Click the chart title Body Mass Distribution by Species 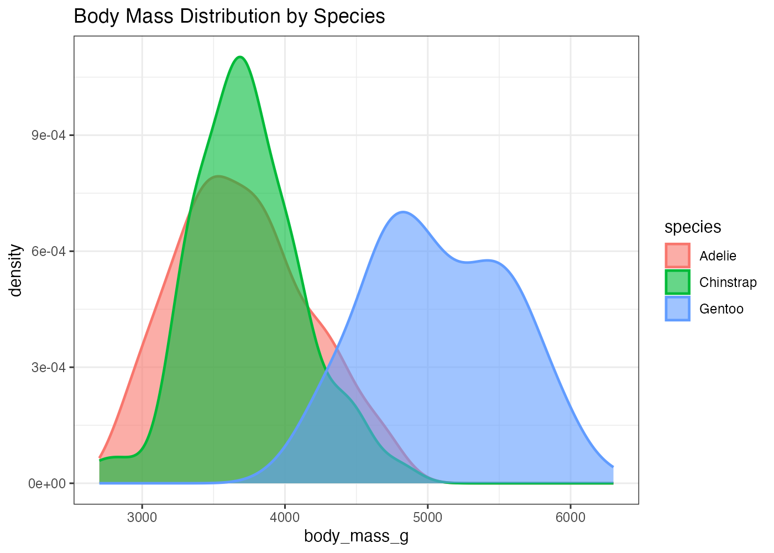click(229, 17)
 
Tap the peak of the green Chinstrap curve click(240, 57)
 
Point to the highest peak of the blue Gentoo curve click(403, 212)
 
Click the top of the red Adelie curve click(219, 176)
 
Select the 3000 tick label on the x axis click(142, 518)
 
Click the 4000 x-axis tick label click(285, 518)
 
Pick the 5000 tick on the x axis click(427, 518)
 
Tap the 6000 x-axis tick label click(571, 518)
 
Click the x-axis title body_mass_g click(356, 536)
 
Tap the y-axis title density click(16, 270)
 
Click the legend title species click(693, 227)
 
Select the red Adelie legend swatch click(677, 255)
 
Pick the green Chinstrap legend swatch click(677, 282)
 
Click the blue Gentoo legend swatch click(677, 309)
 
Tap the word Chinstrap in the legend click(728, 283)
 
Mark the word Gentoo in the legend click(721, 309)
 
